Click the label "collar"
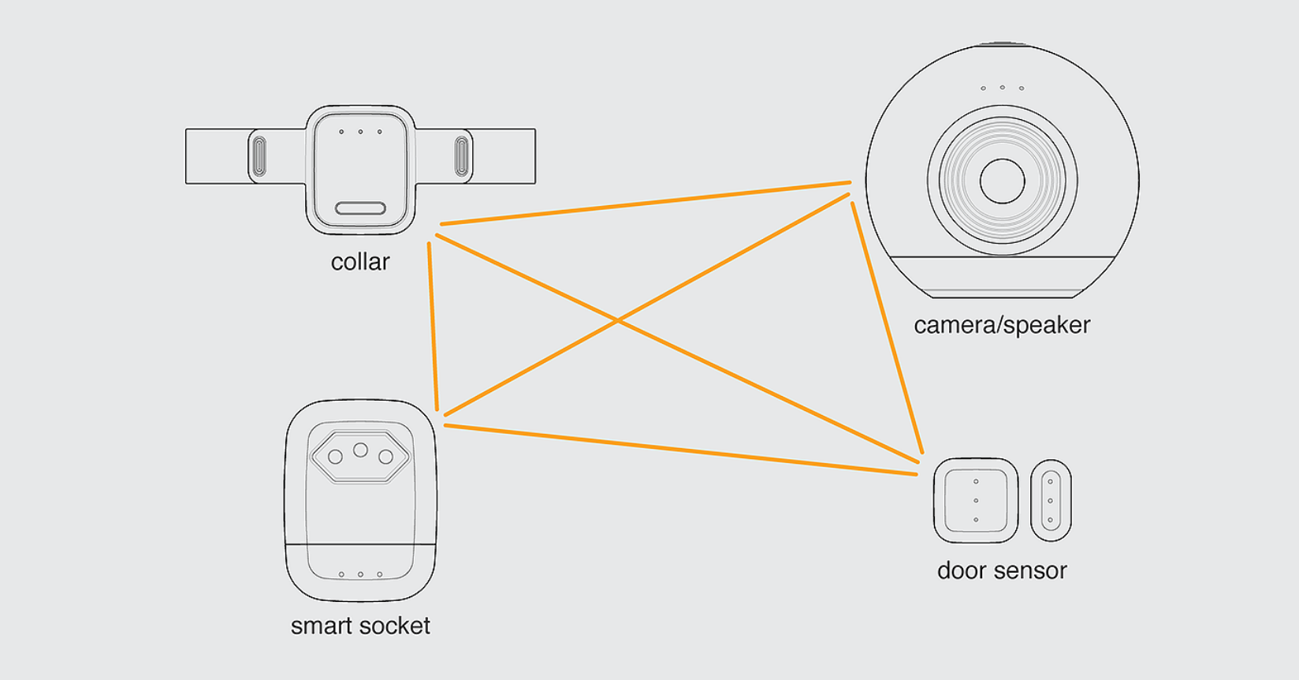point(360,262)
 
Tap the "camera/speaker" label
point(1002,325)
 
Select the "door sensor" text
point(1002,570)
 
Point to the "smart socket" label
point(360,626)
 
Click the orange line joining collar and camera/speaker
point(646,204)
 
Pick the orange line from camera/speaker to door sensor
point(887,327)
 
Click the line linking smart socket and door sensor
point(681,450)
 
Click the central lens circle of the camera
point(1002,181)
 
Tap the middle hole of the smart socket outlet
point(360,450)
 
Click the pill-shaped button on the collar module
point(360,208)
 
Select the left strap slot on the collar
point(259,156)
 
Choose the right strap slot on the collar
point(462,156)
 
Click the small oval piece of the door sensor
point(1051,500)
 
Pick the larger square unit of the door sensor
point(976,500)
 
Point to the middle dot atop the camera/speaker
point(1002,88)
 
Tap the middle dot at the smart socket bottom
point(360,574)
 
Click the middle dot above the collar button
point(360,132)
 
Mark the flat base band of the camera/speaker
point(1002,277)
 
